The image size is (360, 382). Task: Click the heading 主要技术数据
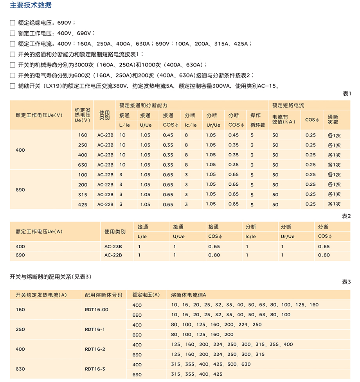31,5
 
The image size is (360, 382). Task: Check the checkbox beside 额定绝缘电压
13,23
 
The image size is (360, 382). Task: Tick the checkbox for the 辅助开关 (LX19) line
13,86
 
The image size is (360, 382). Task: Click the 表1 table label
347,94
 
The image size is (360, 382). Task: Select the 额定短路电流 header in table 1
288,106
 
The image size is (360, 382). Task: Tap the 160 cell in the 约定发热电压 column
83,135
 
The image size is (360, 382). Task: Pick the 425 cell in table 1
83,204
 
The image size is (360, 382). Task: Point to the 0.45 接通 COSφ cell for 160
168,135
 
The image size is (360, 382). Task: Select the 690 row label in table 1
20,190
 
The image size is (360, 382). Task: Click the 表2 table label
347,216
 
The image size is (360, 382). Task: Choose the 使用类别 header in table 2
115,231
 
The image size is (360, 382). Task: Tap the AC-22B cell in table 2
113,255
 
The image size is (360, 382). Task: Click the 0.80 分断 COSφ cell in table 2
324,255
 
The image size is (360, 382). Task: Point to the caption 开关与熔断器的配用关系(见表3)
50,277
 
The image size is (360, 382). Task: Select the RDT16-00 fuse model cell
97,310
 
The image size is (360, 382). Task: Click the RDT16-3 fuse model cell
95,369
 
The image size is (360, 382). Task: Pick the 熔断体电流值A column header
188,295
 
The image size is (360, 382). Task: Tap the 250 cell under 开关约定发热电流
20,329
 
